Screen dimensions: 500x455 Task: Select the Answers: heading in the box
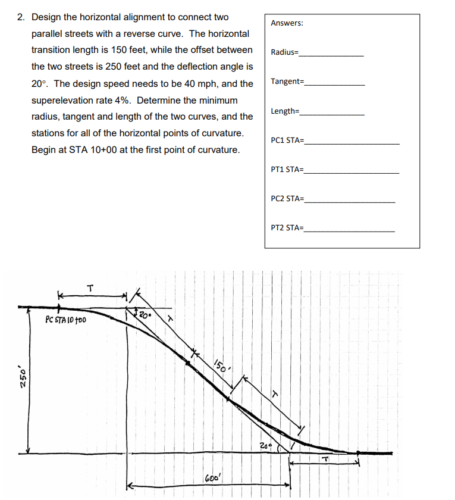coord(287,23)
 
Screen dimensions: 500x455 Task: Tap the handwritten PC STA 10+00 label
coord(65,320)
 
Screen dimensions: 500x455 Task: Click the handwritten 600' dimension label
coord(212,479)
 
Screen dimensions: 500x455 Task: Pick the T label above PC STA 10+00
coord(90,288)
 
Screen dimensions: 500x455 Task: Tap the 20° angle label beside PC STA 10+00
coord(144,315)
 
